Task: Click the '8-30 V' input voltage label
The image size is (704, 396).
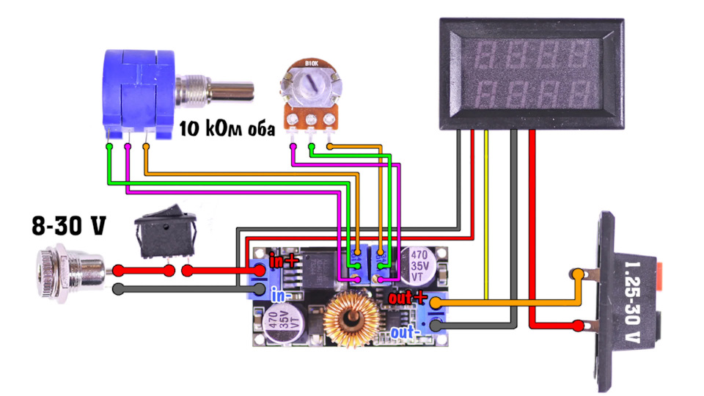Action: click(x=69, y=225)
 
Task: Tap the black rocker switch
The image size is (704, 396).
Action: click(x=166, y=233)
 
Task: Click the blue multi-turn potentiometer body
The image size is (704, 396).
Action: click(x=139, y=94)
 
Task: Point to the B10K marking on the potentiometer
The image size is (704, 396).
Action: click(x=311, y=63)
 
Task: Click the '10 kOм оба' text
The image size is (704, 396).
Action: click(x=227, y=128)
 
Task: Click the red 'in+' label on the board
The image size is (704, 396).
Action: click(x=284, y=260)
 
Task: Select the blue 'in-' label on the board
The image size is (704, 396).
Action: click(x=281, y=295)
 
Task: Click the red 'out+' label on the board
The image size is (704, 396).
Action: click(x=407, y=297)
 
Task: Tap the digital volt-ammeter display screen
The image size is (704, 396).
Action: click(x=532, y=74)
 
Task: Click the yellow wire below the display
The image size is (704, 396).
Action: click(x=486, y=215)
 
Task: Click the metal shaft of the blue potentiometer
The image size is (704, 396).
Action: click(x=215, y=89)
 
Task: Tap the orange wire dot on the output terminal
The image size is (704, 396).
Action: click(x=578, y=274)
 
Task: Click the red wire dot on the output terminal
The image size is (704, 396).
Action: click(x=579, y=326)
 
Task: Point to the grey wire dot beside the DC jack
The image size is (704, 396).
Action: click(x=118, y=289)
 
